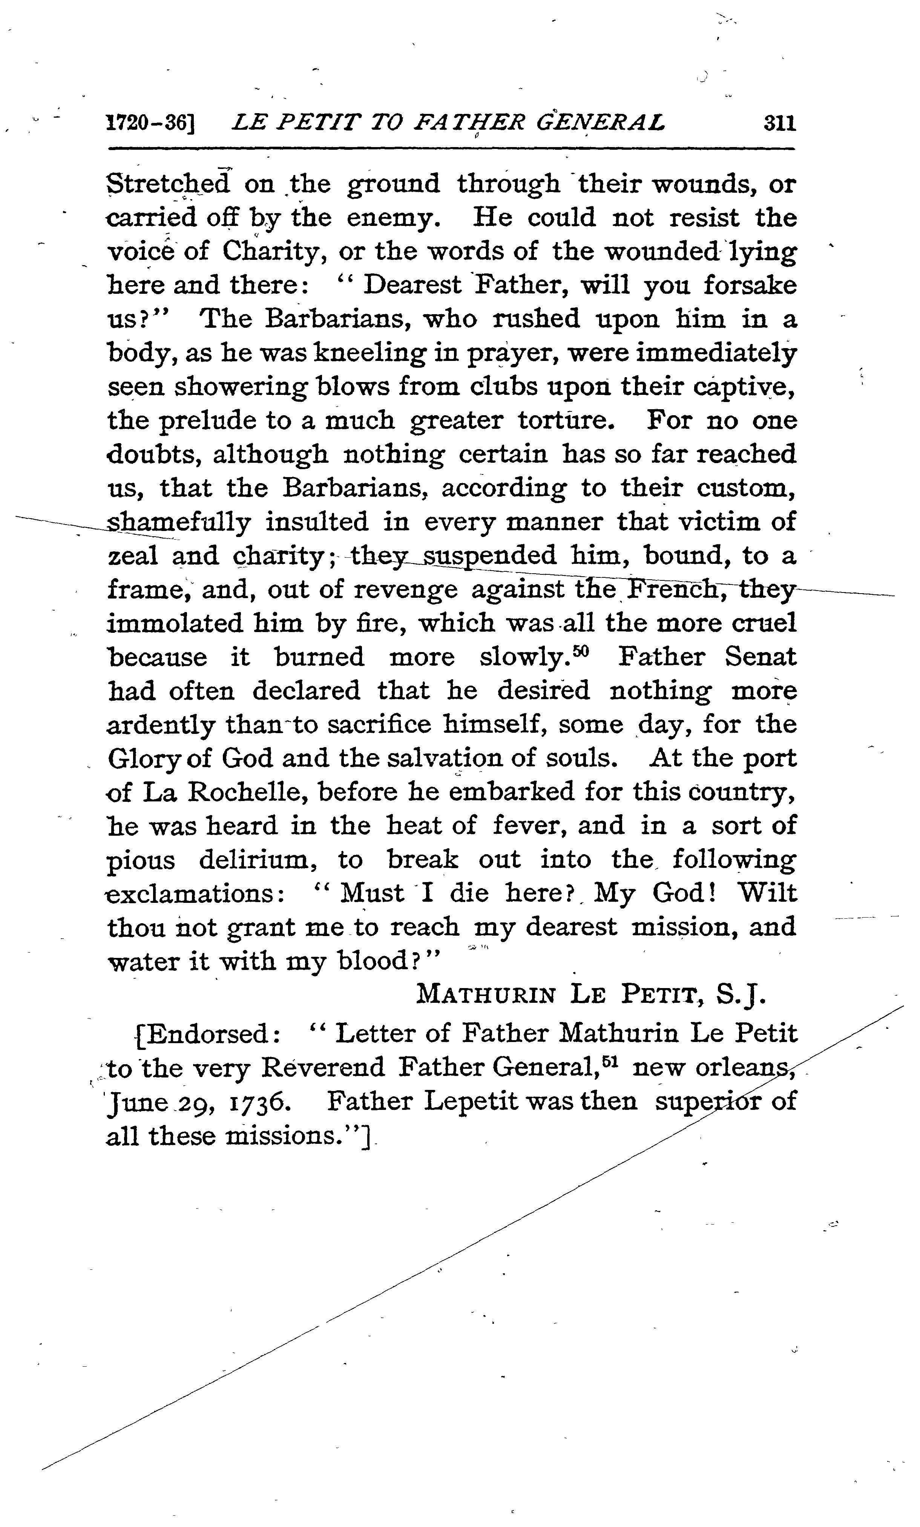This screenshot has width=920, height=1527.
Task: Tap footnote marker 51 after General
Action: (x=610, y=1062)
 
